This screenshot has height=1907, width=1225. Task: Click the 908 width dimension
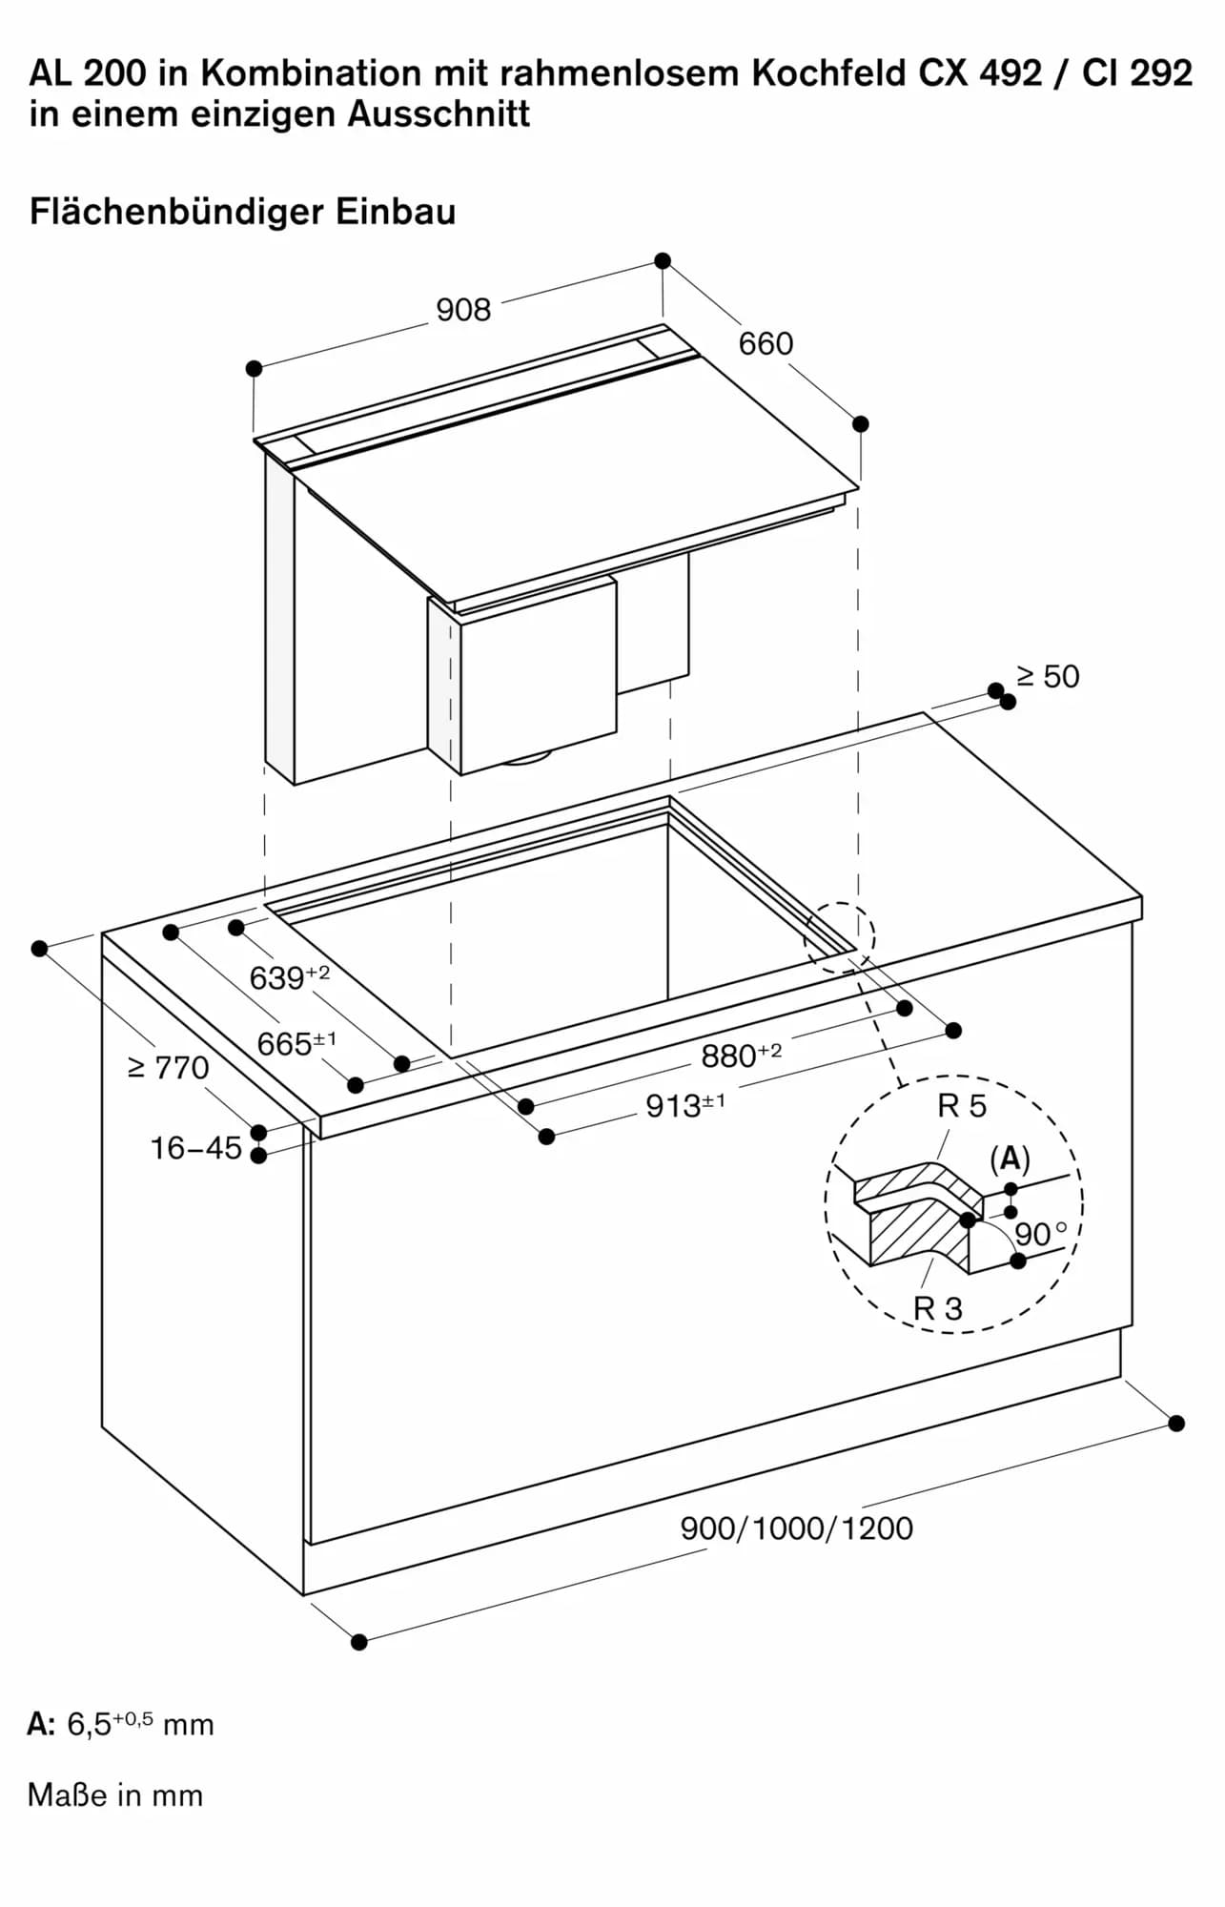[x=463, y=310]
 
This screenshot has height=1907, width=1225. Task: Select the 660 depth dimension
[x=766, y=343]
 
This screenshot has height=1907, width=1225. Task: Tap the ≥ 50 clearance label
[x=1048, y=677]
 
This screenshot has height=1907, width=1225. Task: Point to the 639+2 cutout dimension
[x=289, y=977]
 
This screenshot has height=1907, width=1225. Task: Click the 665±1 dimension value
[x=296, y=1043]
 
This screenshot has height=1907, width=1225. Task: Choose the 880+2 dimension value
[x=741, y=1056]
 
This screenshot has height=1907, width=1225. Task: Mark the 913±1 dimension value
[x=684, y=1105]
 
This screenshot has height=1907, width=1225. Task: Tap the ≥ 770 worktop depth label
[x=168, y=1068]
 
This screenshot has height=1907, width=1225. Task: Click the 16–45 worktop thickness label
[x=196, y=1148]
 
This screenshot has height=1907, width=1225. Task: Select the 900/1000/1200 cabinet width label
[x=796, y=1528]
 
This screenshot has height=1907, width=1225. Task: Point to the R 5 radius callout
[x=962, y=1106]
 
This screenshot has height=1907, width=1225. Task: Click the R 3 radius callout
[x=938, y=1308]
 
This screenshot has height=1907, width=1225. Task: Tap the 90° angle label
[x=1040, y=1235]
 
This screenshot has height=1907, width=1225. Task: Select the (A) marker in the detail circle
[x=1010, y=1159]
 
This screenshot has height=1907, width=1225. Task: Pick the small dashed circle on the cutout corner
[x=839, y=937]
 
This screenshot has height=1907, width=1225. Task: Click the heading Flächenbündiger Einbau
[x=242, y=211]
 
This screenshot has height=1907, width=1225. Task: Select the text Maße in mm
[x=115, y=1795]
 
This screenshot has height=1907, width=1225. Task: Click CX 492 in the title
[x=980, y=73]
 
